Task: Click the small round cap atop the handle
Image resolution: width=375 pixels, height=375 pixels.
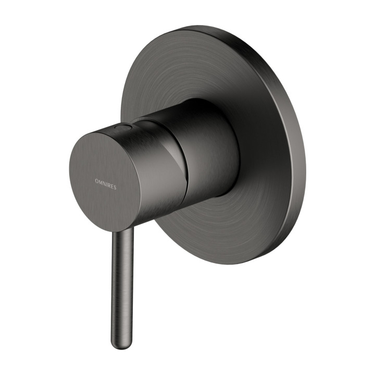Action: click(123, 127)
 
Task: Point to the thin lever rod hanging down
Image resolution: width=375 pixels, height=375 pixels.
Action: click(121, 281)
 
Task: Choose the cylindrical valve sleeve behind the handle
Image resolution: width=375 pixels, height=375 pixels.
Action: click(208, 151)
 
